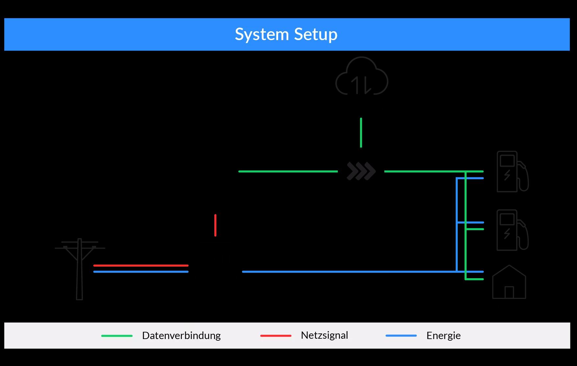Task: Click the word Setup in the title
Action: point(316,34)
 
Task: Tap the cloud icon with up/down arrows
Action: point(362,77)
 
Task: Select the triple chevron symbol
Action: point(361,171)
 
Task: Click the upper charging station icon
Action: point(512,171)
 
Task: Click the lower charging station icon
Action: point(512,230)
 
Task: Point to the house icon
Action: point(509,283)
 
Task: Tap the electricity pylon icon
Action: point(80,268)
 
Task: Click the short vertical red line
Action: point(215,225)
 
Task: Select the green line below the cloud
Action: point(361,133)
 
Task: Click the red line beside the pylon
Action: point(141,265)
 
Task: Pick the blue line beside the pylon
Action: point(141,272)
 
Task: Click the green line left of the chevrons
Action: point(288,171)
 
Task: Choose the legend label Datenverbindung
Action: point(181,335)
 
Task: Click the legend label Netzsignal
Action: point(324,335)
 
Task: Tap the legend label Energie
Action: point(443,335)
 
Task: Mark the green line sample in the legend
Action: point(117,336)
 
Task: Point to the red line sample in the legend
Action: point(276,336)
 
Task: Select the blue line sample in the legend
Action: point(401,336)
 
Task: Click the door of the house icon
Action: point(509,293)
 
